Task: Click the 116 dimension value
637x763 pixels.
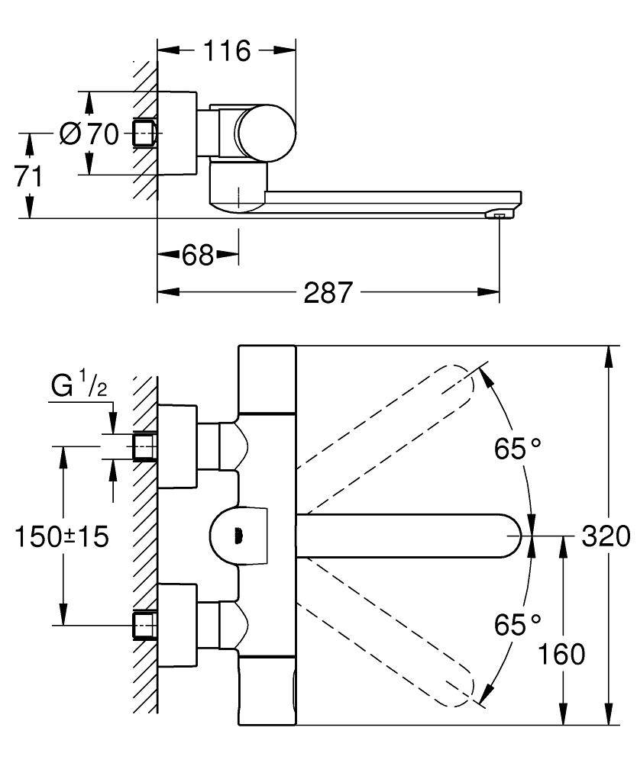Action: (x=226, y=51)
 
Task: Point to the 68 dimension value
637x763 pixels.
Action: (x=197, y=256)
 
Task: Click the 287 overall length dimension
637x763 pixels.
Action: (x=328, y=292)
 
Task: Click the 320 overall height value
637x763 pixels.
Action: (x=606, y=536)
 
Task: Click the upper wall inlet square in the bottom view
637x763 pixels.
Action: (x=145, y=446)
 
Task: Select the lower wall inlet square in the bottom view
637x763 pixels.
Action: (x=145, y=625)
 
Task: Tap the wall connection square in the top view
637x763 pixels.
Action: (x=145, y=134)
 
